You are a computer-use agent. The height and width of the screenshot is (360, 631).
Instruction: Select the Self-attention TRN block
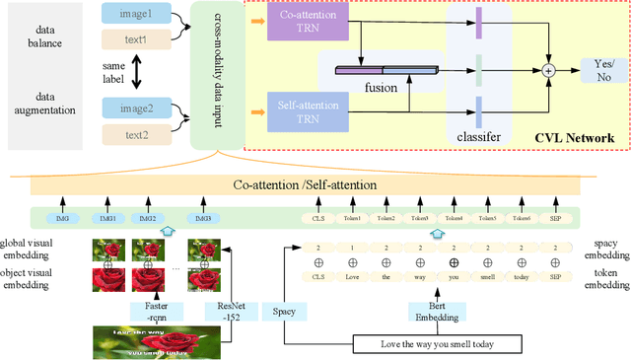pos(308,109)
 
